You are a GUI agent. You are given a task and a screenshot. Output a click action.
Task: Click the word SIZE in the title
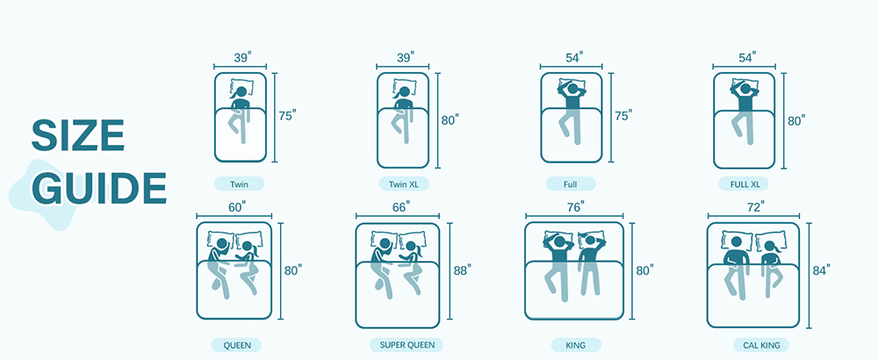pos(78,135)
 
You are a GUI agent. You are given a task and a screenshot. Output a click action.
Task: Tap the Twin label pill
pos(239,184)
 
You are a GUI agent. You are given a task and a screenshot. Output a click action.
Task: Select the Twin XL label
pos(403,184)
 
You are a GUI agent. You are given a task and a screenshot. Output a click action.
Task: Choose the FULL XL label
pos(744,184)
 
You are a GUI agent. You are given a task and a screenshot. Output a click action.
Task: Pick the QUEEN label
pos(237,345)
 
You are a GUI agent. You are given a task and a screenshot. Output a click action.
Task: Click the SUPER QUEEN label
pos(406,345)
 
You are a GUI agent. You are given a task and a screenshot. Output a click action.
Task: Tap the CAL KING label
pos(761,345)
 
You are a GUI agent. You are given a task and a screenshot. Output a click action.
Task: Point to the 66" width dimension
pos(401,206)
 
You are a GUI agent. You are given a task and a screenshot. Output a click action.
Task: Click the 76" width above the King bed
pos(574,206)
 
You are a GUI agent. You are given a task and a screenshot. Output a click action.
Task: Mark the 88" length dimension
pos(462,270)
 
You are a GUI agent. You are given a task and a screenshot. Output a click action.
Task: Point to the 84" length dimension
pos(821,270)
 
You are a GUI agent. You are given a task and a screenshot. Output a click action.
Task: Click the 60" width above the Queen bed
pos(237,206)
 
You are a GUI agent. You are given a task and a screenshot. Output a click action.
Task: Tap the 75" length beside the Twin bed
pos(287,116)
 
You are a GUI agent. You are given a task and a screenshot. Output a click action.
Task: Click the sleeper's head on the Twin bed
pos(241,92)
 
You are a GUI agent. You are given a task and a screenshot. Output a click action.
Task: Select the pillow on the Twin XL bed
pos(403,87)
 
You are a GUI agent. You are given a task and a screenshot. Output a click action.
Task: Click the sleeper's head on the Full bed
pos(572,89)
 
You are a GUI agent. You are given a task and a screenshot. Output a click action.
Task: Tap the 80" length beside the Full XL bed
pos(795,119)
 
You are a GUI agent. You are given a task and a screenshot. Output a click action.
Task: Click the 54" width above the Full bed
pos(573,56)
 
